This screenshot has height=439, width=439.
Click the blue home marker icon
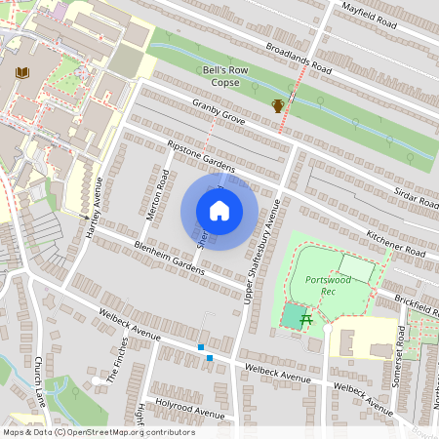[219, 211]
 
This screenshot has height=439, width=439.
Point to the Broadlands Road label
[289, 59]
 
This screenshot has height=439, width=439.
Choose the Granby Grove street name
[218, 111]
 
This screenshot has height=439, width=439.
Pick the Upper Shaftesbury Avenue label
[261, 251]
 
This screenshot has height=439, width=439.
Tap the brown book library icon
[21, 72]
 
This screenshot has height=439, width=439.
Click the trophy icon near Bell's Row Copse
[277, 105]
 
